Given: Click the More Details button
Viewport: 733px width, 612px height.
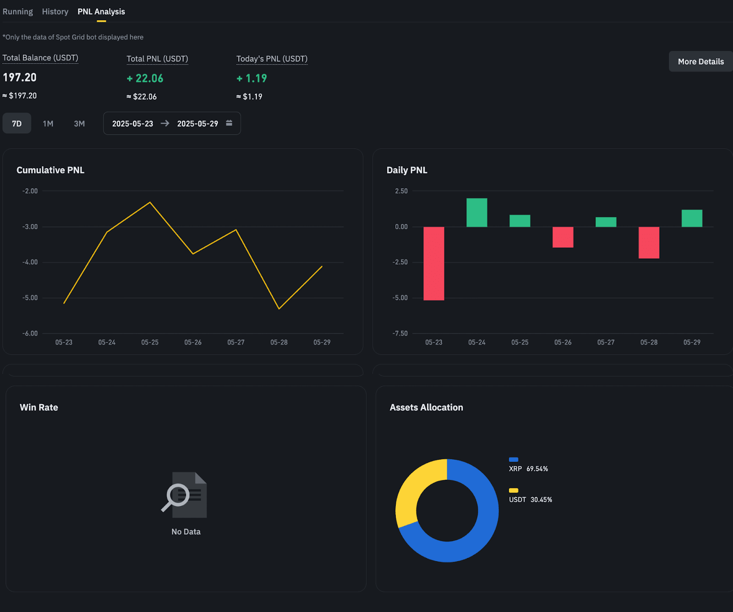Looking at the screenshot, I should tap(700, 62).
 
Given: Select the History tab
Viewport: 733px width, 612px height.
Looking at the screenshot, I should tap(55, 12).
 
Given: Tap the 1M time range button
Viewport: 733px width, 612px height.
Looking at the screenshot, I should tap(48, 124).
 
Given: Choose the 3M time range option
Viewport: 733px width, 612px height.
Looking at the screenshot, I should tap(79, 124).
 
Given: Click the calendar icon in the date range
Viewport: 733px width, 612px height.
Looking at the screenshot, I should tap(229, 123).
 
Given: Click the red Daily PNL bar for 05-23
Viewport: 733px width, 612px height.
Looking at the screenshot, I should tap(433, 263).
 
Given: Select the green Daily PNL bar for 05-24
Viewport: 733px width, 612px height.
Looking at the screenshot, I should tap(476, 213).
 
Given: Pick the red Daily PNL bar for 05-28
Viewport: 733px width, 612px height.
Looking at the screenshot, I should tap(649, 243).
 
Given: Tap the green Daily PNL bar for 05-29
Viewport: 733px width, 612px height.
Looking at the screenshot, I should tap(692, 218).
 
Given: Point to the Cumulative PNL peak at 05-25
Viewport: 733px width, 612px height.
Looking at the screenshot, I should tap(150, 202).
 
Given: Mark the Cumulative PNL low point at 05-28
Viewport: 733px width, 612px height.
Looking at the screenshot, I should tap(279, 309).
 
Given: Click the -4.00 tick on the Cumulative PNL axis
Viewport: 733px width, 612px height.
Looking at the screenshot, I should tap(30, 262).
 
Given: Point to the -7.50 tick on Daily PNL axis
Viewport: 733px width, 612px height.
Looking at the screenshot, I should tap(400, 333).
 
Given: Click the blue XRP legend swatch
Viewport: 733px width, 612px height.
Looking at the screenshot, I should tap(514, 460).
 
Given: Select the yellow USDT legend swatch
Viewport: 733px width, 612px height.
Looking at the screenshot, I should tap(514, 490).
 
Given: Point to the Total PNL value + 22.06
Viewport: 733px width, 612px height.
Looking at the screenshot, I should tap(145, 79).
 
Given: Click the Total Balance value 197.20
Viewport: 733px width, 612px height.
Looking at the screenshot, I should tap(20, 77).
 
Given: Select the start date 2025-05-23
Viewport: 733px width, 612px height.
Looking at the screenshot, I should tap(132, 124).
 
